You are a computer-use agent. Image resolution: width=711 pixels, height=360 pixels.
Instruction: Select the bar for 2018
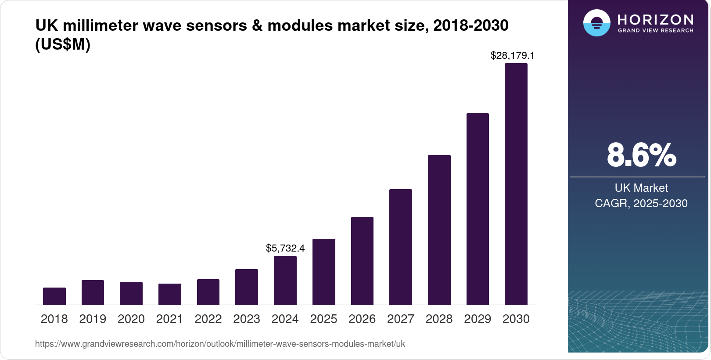[x=54, y=296]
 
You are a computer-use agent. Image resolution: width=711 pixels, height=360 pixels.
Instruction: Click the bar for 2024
[x=285, y=281]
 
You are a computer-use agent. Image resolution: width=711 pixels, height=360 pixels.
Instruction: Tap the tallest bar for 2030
[x=516, y=184]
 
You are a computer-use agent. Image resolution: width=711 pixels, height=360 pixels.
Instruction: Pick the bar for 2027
[x=401, y=247]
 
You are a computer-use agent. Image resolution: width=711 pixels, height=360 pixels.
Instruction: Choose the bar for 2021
[x=170, y=294]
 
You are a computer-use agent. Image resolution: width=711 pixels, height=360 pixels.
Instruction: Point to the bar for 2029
[x=478, y=209]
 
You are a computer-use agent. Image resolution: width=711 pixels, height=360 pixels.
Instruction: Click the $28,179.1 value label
[x=512, y=56]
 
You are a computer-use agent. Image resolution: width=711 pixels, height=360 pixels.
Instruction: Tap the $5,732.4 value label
[x=285, y=248]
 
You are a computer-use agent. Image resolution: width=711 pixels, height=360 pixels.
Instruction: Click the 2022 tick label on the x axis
[x=208, y=319]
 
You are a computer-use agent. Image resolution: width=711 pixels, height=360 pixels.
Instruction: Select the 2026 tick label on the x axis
[x=362, y=319]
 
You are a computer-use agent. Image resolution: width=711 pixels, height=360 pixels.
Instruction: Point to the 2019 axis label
[x=93, y=319]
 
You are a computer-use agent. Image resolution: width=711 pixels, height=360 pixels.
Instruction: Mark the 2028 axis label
[x=439, y=319]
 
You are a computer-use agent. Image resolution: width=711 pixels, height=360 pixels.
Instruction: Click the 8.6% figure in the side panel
[x=641, y=155]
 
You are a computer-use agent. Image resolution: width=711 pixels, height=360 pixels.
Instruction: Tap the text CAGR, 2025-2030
[x=641, y=204]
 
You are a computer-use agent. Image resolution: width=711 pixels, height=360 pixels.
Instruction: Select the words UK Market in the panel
[x=641, y=188]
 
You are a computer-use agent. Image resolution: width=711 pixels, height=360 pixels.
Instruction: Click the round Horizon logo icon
[x=596, y=23]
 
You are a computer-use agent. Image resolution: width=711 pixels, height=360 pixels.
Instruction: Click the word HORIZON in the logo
[x=655, y=20]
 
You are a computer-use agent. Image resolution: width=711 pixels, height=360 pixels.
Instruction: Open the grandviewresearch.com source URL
[x=220, y=344]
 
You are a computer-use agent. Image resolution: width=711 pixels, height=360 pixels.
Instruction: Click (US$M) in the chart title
[x=63, y=45]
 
